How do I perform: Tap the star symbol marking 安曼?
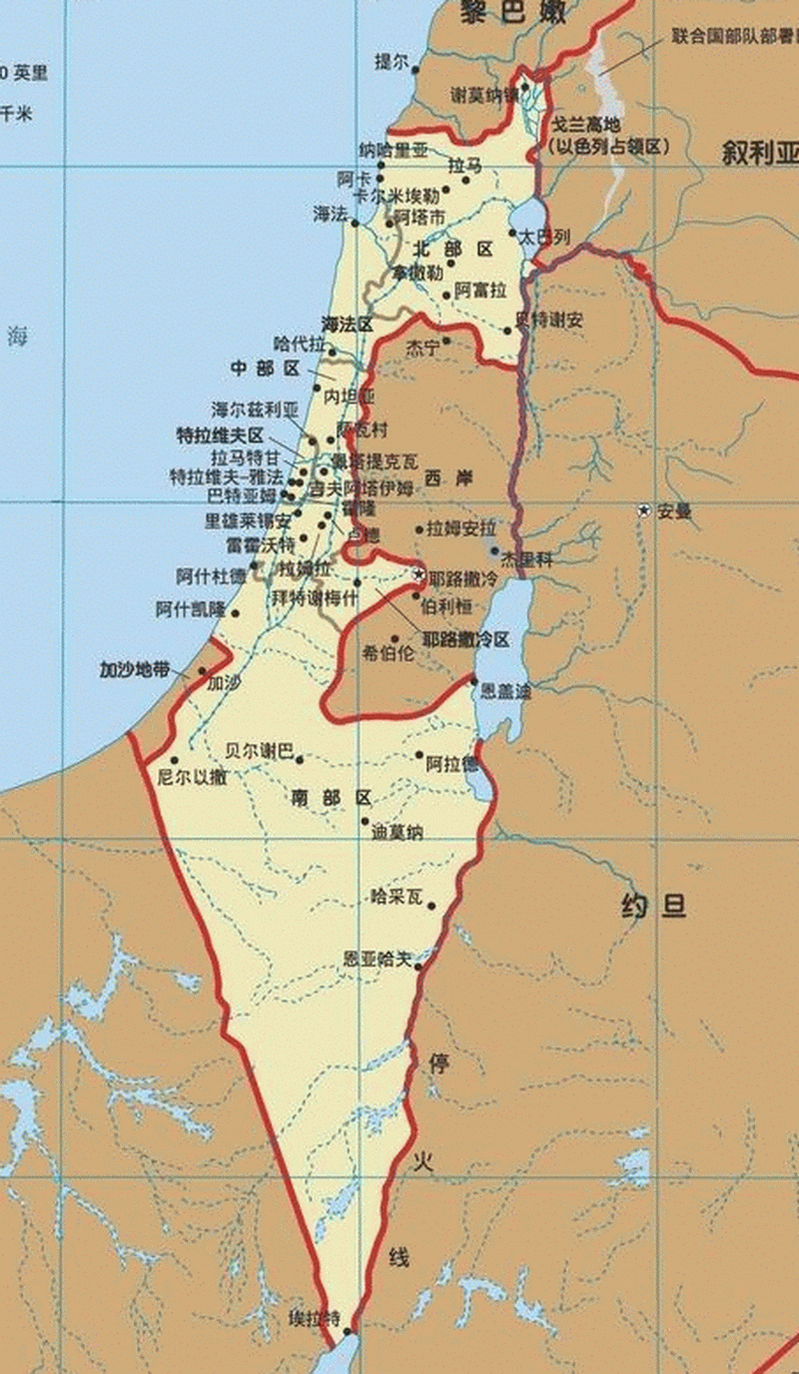[645, 510]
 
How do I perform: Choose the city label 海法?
[330, 214]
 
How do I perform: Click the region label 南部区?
[332, 798]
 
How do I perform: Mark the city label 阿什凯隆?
[191, 608]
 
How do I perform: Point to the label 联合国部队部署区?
[733, 37]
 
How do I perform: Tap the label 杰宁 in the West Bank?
[422, 348]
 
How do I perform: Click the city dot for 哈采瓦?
[430, 907]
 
